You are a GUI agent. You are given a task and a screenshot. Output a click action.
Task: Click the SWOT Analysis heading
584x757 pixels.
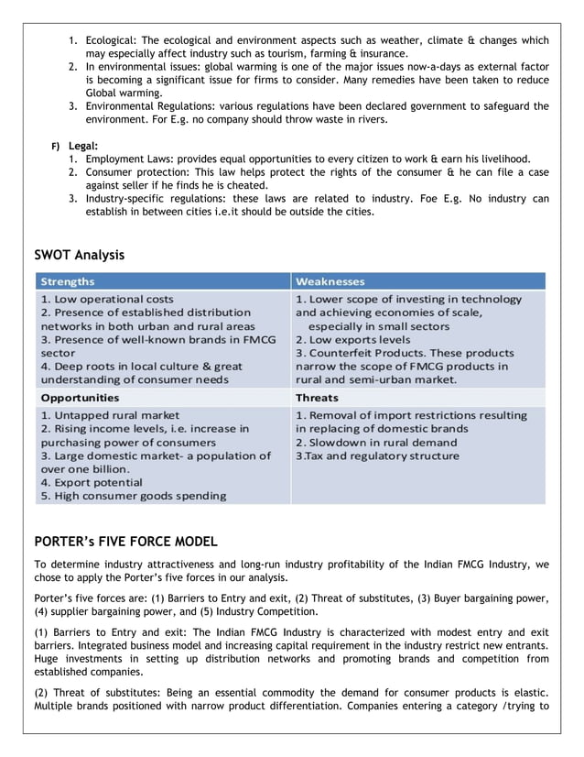click(80, 255)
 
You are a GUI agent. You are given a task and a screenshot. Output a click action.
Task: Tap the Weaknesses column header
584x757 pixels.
click(330, 281)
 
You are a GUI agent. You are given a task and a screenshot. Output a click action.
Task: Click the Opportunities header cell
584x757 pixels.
click(81, 398)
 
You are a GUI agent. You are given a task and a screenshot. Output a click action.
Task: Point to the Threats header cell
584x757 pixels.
click(317, 398)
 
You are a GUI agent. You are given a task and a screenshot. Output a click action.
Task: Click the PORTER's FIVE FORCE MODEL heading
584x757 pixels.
click(125, 541)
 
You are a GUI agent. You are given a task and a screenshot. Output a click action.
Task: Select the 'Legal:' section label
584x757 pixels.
click(82, 146)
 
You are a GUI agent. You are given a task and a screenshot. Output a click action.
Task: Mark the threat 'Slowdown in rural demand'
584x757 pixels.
click(375, 442)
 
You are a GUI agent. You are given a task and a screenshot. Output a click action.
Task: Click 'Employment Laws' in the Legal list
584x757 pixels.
click(128, 159)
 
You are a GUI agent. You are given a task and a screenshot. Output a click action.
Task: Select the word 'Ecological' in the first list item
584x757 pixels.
click(114, 41)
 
